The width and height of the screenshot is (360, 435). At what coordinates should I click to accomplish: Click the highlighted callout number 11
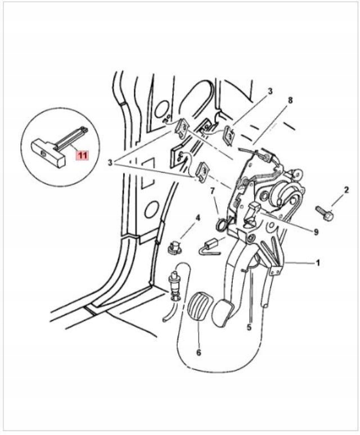pos(83,155)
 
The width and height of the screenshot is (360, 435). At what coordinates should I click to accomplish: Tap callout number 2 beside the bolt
pos(346,190)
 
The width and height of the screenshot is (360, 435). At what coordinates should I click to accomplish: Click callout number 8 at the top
pos(290,101)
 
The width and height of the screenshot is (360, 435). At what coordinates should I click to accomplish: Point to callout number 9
pos(316,232)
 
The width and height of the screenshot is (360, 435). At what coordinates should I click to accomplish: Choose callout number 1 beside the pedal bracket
pos(318,262)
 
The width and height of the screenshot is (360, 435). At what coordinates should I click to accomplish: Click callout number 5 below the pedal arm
pos(249,327)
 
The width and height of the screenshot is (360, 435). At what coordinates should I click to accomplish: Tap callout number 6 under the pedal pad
pos(198,354)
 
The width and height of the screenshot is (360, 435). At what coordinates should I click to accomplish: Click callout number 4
pos(198,217)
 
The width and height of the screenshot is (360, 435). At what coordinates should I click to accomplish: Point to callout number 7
pos(213,192)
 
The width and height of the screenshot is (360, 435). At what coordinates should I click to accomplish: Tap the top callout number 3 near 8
pos(270,91)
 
